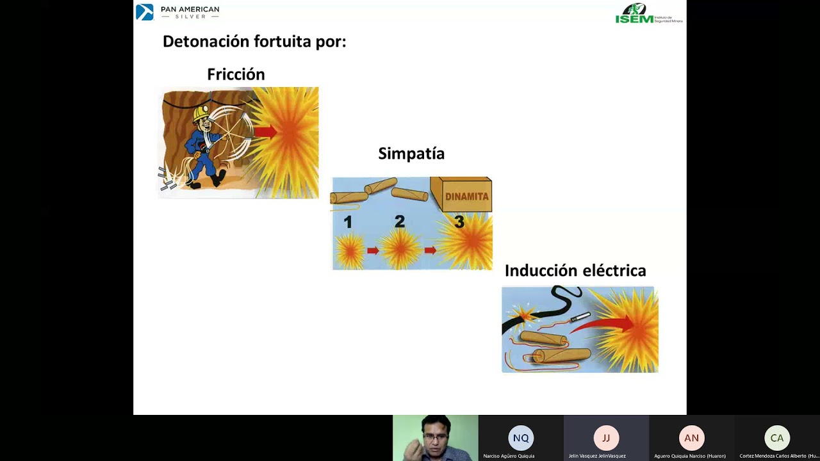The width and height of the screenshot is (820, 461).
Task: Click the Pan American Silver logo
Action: coord(177,12)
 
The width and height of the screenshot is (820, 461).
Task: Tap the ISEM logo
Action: coord(648,13)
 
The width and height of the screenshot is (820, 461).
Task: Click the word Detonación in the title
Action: coord(206,42)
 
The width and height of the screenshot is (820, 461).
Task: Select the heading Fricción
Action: coord(236,74)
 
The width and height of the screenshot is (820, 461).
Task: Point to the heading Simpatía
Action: coord(411,154)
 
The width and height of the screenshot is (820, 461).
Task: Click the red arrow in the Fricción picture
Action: coord(265,133)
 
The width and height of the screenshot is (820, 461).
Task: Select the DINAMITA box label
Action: coord(466,197)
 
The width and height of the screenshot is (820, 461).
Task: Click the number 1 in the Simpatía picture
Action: coord(348,222)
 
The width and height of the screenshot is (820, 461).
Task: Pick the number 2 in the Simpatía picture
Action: coord(400,222)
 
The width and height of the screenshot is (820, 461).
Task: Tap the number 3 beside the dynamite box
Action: coord(459,222)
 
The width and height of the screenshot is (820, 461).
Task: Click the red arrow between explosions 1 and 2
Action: coord(373,250)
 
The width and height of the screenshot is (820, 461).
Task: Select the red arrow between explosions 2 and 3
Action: coord(430,250)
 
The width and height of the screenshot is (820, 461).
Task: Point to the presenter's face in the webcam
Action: coord(436,437)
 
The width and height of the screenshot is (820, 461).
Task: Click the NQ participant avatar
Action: coord(521,439)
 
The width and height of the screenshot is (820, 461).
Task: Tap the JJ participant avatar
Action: coord(606,439)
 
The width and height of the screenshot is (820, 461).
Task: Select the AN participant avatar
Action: coord(691,439)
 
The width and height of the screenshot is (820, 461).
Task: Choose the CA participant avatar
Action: coord(777,439)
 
